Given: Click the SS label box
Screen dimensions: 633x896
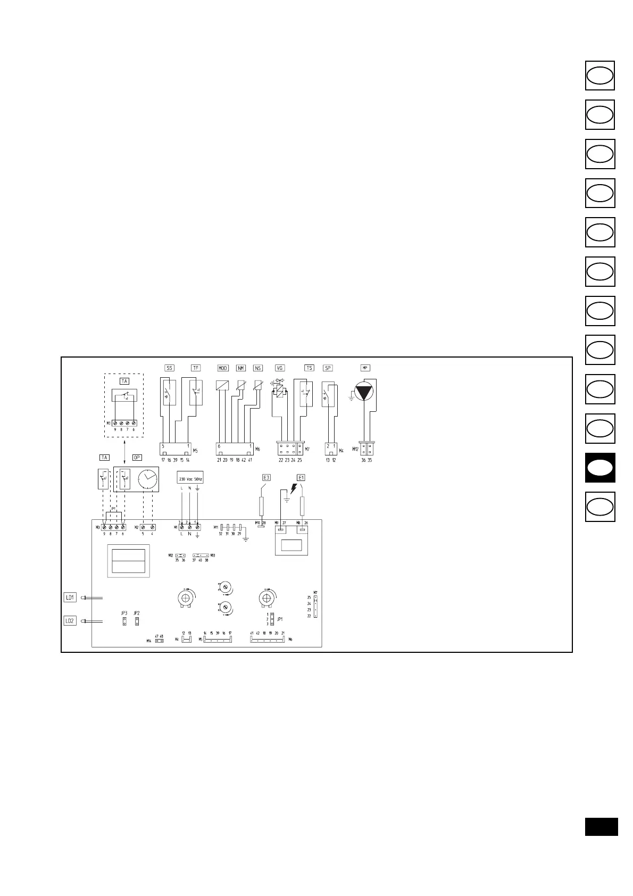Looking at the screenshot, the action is [x=169, y=368].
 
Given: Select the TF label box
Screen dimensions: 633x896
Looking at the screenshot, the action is [x=196, y=368].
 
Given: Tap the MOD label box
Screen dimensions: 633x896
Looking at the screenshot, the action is [x=223, y=368].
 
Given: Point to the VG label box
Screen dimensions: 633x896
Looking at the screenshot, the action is [x=280, y=368].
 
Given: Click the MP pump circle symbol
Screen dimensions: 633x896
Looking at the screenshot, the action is [x=364, y=393].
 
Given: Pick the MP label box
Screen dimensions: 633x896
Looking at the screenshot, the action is [x=365, y=368].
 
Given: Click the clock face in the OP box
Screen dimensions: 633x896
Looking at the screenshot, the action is [x=148, y=479].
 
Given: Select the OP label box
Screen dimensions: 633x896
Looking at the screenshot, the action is [x=137, y=458].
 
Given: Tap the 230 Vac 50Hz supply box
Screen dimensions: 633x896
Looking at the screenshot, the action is [x=190, y=479].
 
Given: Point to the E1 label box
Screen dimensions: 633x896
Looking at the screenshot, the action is [x=301, y=478].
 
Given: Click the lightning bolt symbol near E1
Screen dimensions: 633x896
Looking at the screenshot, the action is [x=292, y=487].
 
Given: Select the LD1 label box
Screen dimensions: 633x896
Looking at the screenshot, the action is [x=70, y=598].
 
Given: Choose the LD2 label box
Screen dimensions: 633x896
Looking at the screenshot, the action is [x=70, y=620].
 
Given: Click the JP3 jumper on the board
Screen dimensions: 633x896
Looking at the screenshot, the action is [x=124, y=621].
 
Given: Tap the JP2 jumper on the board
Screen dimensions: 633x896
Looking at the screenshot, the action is [x=137, y=621].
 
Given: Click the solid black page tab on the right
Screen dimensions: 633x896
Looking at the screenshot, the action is [x=600, y=468].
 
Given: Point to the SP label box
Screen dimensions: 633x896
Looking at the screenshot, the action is [x=328, y=368].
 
